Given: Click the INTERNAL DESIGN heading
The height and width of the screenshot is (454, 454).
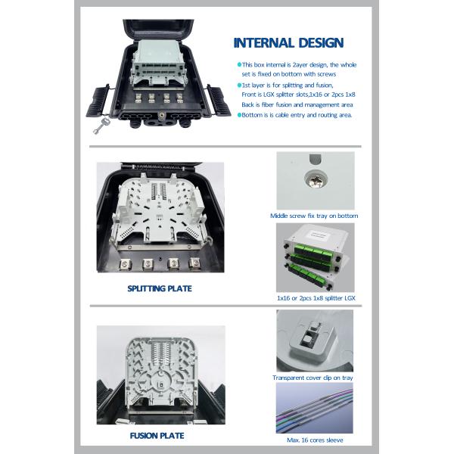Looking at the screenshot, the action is click(288, 43).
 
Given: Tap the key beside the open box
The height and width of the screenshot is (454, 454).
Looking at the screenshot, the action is click(101, 126).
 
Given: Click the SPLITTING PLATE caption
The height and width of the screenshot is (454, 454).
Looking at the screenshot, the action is click(160, 288).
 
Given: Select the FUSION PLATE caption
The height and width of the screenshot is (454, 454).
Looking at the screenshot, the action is click(157, 436).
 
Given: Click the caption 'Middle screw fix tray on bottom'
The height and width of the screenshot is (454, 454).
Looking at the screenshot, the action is click(314, 216).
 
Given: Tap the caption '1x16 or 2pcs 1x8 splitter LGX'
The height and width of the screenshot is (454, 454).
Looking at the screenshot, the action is click(316, 298).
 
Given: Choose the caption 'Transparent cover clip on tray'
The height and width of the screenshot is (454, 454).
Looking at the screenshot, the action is click(313, 378).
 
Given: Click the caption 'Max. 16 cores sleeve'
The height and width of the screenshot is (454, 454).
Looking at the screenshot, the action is click(315, 440).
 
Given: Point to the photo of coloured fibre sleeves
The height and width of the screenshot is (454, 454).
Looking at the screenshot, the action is click(315, 408).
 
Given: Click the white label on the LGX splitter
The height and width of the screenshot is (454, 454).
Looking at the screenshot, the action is click(319, 233).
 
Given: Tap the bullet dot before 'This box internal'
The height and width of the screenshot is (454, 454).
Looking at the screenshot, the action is click(239, 64).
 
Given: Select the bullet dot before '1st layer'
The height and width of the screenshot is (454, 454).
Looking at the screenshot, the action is click(239, 85).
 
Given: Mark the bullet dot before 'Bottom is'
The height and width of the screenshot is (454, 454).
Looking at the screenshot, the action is click(239, 115).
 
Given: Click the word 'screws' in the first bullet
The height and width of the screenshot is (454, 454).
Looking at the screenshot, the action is click(327, 74).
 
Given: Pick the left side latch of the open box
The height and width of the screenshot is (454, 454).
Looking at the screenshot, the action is click(98, 101).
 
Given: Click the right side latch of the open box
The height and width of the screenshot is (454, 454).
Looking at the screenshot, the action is click(219, 101).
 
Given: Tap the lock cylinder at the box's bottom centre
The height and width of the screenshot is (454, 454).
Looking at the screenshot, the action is click(161, 116).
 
